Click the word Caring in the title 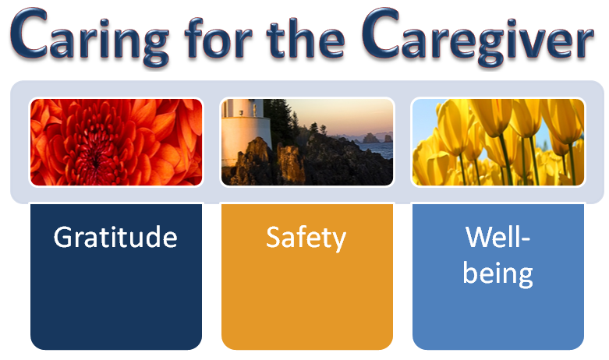pos(90,37)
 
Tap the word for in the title pos(218,37)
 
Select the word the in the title pos(305,37)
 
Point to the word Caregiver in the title pos(477,37)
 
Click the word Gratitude pos(115,237)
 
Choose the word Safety pos(306,238)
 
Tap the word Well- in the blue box pos(497,237)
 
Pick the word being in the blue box pos(497,274)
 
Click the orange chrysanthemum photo pos(116,142)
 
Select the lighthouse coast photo pos(306,142)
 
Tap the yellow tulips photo pos(498,142)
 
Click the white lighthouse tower pos(246,128)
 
